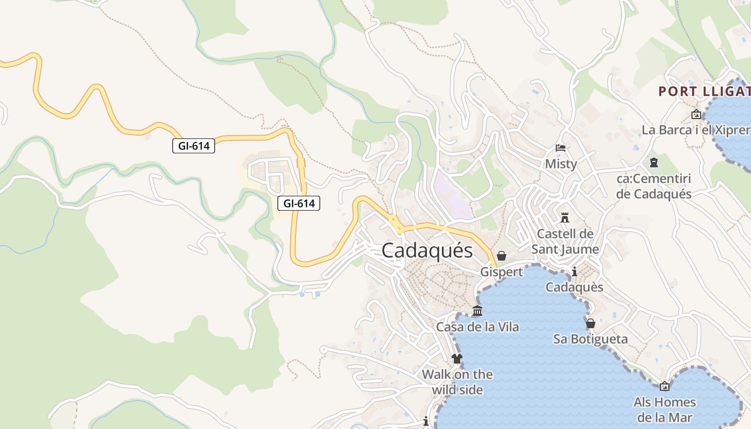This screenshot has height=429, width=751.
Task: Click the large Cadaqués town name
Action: coord(427,251)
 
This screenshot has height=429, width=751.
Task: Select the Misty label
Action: coord(561,164)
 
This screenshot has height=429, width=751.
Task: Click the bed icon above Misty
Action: coord(561,148)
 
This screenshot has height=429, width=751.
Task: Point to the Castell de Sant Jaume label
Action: coord(565,241)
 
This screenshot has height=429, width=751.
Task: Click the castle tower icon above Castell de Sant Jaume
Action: coord(564,218)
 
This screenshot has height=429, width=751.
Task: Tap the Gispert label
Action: coord(501,272)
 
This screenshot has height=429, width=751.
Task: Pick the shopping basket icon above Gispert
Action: coord(501,256)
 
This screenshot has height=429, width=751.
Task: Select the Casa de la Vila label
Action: coord(477,327)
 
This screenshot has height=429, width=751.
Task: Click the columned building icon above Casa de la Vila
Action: coord(477,310)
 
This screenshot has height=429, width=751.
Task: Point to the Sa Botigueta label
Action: coord(590,339)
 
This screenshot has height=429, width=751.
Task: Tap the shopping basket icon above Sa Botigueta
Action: coord(590,323)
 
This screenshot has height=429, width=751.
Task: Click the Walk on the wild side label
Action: coord(457,382)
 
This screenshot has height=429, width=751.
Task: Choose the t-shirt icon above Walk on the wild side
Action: coord(457,358)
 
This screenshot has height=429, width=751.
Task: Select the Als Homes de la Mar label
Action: coord(665,410)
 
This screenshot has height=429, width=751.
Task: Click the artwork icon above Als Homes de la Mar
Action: coord(665,386)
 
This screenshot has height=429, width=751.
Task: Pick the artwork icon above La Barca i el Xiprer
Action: coord(696,114)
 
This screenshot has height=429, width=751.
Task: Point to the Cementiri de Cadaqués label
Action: coord(653,186)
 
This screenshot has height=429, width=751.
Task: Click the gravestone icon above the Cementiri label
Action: coord(653,162)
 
